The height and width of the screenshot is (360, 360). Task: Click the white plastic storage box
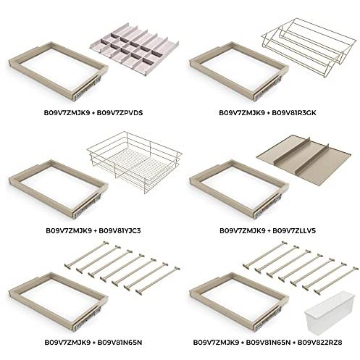[x=330, y=314]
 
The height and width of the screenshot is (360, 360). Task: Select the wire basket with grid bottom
[x=135, y=162]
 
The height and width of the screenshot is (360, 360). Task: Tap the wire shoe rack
[x=309, y=47]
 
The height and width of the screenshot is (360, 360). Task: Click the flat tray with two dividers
[x=304, y=161]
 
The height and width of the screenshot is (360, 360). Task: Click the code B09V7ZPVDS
[x=120, y=113]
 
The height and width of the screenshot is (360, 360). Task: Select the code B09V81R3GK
[x=294, y=113]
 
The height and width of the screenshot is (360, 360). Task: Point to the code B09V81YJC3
[x=120, y=230]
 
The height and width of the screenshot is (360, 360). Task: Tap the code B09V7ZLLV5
[x=294, y=230]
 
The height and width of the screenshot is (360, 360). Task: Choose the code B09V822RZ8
[x=319, y=343]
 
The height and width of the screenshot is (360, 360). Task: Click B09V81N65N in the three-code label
[x=268, y=343]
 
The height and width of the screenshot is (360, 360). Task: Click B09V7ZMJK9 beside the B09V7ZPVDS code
[x=67, y=113]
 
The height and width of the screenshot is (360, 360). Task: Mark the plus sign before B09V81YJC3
[x=96, y=231]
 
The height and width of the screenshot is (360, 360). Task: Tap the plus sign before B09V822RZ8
[x=294, y=343]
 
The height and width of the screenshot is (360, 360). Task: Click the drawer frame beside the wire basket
[x=58, y=190]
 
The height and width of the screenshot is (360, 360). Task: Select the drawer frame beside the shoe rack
[x=239, y=72]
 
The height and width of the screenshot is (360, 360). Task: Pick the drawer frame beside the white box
[x=239, y=302]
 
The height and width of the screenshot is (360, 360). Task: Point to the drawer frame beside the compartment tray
[x=58, y=72]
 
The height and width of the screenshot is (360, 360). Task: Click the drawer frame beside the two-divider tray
[x=239, y=190]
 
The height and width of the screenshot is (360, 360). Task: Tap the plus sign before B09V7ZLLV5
[x=269, y=231]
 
